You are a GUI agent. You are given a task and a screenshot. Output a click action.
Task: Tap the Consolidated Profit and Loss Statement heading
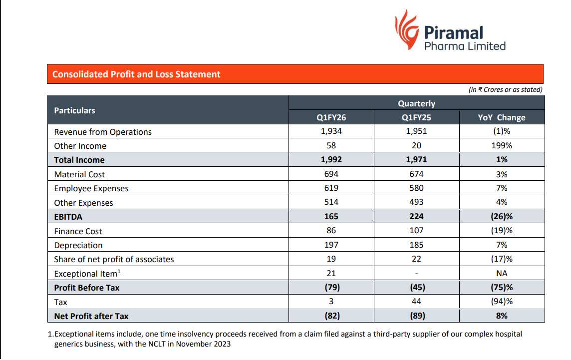coord(136,74)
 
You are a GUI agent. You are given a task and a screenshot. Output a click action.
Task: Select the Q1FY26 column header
coord(331,118)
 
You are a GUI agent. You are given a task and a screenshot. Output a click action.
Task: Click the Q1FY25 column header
coord(416,118)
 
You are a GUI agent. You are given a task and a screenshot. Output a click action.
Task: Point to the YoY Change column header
coord(502,118)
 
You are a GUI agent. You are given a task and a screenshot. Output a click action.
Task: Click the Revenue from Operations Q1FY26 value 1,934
coord(331,132)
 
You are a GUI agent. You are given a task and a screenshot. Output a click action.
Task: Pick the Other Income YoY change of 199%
coord(502,146)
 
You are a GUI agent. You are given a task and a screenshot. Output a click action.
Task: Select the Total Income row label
coord(79,160)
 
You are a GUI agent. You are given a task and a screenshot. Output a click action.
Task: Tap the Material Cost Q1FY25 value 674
coord(416,174)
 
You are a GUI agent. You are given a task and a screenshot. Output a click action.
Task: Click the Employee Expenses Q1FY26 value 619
coord(331,188)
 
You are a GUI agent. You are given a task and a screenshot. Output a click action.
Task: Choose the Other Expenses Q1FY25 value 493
coord(416,202)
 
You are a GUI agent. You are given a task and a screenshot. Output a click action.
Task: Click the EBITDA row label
coord(68,217)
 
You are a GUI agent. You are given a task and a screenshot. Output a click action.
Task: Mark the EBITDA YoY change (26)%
coord(502,217)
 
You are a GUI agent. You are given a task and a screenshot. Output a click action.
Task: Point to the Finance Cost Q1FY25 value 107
coord(416,231)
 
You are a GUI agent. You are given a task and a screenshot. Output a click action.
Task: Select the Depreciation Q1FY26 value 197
coord(331,245)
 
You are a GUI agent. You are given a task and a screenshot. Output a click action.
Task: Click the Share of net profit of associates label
coord(114,260)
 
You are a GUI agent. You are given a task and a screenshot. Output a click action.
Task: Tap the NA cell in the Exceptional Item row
coord(502,273)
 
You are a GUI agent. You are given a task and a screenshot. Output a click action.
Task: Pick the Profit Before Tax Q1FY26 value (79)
coord(331,288)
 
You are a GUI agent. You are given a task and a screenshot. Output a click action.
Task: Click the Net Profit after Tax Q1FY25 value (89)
coord(416,316)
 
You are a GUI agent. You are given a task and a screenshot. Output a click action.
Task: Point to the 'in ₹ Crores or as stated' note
coord(505,90)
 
